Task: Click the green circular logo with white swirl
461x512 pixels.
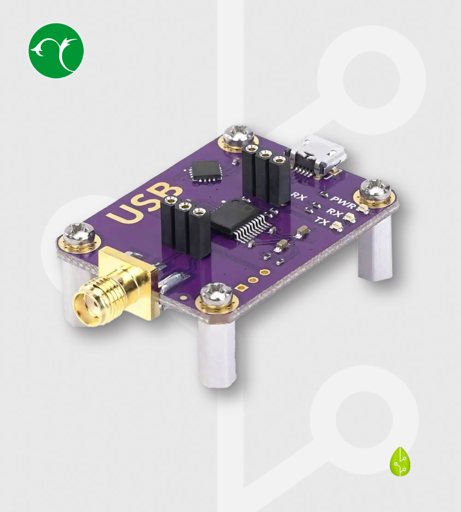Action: (56, 51)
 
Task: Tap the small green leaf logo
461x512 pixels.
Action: (400, 461)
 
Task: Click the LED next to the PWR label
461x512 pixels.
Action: (363, 209)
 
